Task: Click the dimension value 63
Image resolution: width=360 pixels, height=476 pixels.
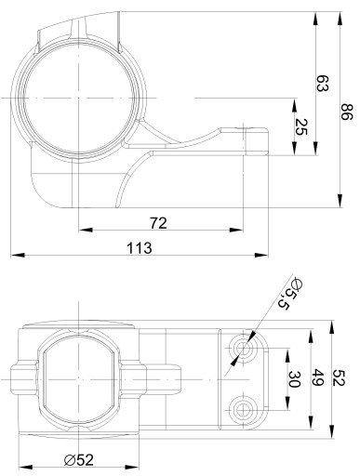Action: (x=322, y=83)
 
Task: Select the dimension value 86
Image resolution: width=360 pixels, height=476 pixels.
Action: (x=347, y=112)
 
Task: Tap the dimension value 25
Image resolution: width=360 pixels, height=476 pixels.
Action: (x=300, y=127)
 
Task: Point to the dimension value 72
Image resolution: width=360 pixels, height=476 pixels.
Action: (x=158, y=223)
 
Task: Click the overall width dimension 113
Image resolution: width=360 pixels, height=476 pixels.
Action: (x=140, y=248)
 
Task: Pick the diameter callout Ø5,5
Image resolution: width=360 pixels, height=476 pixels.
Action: (x=287, y=294)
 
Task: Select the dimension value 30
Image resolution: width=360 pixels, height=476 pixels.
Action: (x=294, y=379)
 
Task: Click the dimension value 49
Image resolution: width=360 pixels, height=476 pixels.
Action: (x=318, y=377)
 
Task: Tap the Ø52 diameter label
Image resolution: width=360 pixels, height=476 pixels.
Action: (x=79, y=460)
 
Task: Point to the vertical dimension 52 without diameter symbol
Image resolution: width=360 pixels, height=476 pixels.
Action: (x=339, y=377)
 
